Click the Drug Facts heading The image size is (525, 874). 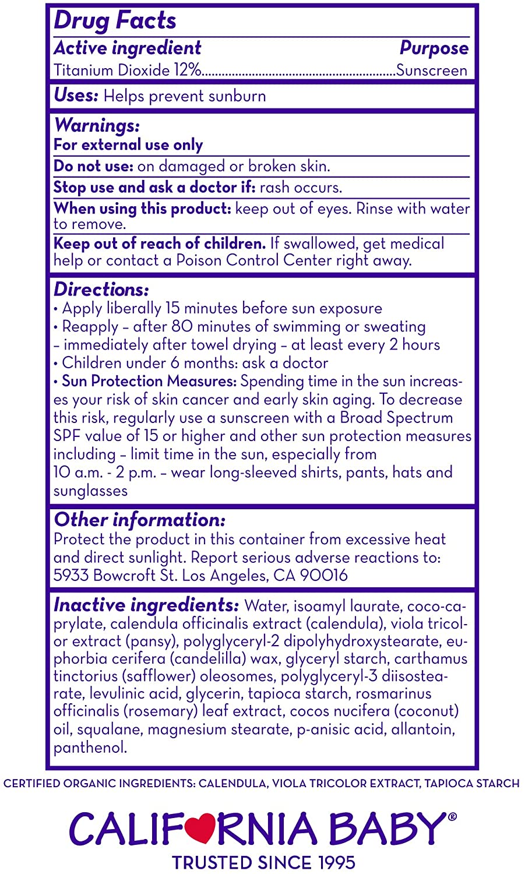coord(115,21)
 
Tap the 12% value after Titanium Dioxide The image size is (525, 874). coord(186,71)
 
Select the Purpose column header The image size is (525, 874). coord(434,48)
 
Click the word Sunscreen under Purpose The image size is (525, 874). coord(431,71)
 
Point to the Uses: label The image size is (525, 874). coord(76,96)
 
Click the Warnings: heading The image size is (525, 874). coord(97,125)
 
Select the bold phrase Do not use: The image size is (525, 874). coord(93,166)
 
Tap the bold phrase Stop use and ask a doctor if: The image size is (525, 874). coord(154,187)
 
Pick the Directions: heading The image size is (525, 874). coord(101,290)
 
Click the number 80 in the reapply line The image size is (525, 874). coord(182,326)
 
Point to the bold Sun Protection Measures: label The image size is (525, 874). coord(149,381)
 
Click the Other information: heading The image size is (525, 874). coord(139,520)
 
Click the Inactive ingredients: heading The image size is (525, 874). coord(146,605)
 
